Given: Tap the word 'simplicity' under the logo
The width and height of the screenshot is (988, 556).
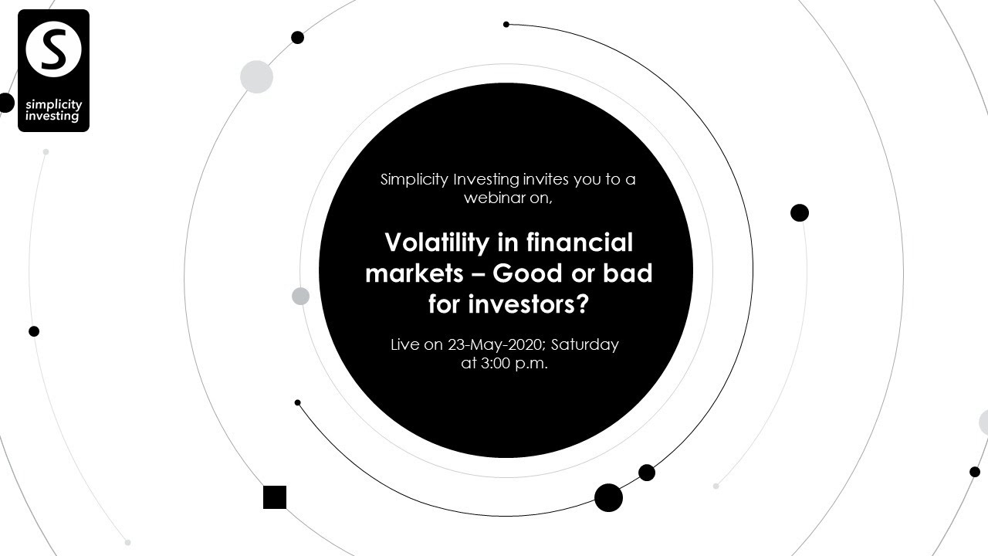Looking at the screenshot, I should coord(53,104).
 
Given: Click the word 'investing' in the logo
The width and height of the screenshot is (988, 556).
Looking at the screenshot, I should coord(52,117).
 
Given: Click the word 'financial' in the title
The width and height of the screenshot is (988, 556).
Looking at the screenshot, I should coord(580,242).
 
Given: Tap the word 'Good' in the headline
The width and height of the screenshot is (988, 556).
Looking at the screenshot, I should coord(526,273).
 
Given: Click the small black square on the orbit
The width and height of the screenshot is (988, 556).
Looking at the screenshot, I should coord(275,497).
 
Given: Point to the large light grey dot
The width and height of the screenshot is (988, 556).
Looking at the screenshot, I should coord(256,77).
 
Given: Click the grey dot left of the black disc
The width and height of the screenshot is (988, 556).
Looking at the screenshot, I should coord(300,296).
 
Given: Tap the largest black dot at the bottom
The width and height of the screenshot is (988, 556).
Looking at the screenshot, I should coord(608,498).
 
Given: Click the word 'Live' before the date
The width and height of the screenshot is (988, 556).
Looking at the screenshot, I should coord(405,344).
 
